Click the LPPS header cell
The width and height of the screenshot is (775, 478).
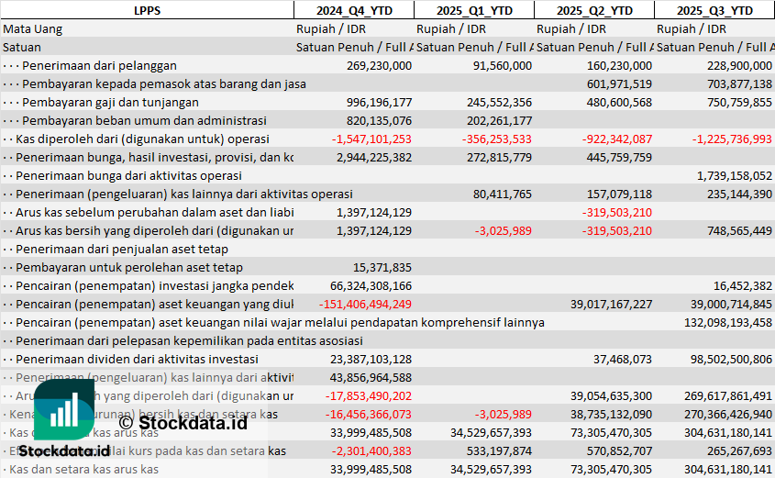point(147,10)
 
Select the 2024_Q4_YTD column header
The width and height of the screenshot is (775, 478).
point(353,10)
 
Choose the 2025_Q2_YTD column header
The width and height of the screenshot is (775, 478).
point(593,10)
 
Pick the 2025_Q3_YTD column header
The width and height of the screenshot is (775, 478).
point(714,10)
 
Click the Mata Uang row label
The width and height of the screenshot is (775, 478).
point(33,28)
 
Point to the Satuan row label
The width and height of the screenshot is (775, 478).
point(22,47)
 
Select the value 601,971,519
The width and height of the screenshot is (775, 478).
point(618,83)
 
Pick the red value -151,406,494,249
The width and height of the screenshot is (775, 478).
point(365,304)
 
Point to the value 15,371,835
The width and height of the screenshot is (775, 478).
point(382,267)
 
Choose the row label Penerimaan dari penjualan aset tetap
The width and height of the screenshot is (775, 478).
point(122,249)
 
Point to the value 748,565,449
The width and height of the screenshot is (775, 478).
point(728,230)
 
